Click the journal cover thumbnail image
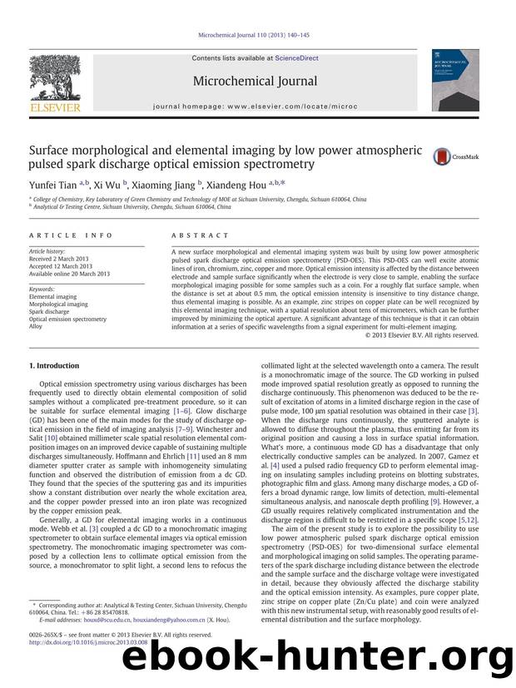(x=454, y=79)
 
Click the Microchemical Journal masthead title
(x=255, y=81)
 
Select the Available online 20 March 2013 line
(x=69, y=273)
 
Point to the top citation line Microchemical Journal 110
(x=257, y=35)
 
